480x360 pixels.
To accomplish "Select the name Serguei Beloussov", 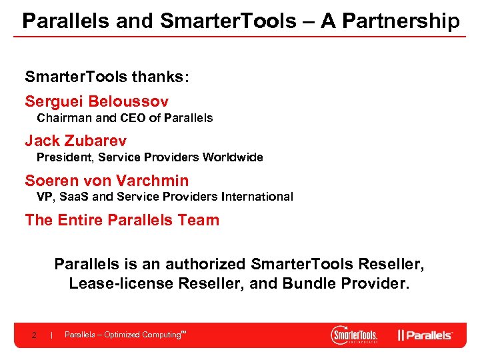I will (x=97, y=102).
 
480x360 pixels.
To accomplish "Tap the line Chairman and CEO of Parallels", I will (x=125, y=118).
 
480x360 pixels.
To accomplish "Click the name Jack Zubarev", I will (x=75, y=141).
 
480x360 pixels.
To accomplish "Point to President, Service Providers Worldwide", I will (x=149, y=157).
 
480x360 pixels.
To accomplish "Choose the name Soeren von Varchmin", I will (x=107, y=181).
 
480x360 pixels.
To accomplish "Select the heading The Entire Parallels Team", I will (x=122, y=220).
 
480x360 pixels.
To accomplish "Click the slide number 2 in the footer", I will (x=34, y=335).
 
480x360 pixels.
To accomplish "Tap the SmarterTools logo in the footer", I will (x=355, y=335).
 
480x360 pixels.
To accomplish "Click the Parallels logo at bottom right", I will (x=425, y=335).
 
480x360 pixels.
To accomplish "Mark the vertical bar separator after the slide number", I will (x=51, y=335).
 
